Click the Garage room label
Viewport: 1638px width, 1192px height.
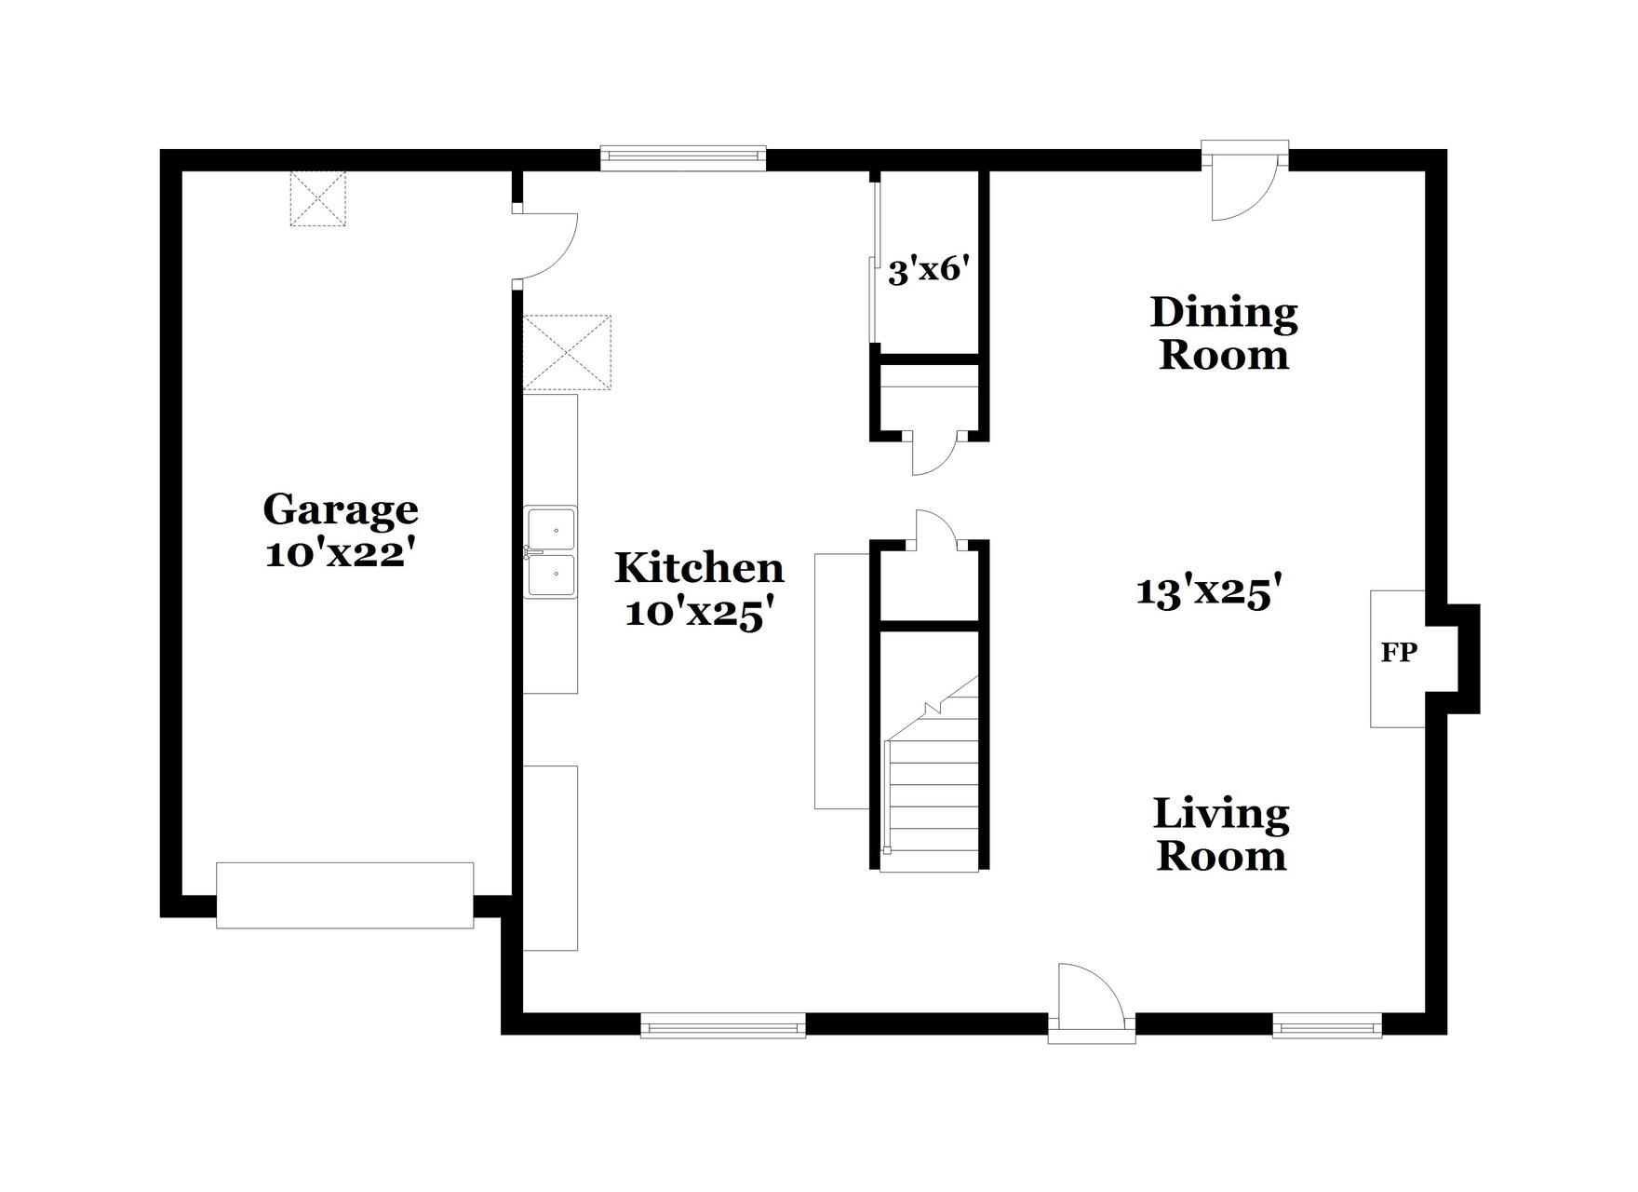coord(341,510)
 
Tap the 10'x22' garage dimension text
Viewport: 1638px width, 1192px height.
coord(341,554)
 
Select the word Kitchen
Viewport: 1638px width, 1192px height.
coord(699,568)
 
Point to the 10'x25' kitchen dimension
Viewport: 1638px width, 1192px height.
coord(699,613)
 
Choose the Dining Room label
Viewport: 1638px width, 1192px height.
coord(1224,333)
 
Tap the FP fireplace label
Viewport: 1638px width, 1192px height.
coord(1398,654)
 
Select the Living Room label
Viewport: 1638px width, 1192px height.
coord(1221,834)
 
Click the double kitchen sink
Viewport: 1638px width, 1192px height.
coord(550,552)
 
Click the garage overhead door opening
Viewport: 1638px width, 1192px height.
coord(344,895)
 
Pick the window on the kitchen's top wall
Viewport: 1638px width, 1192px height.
coord(682,158)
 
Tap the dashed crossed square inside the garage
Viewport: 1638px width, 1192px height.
coord(317,198)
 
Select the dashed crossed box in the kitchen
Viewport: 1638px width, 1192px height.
coord(567,352)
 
